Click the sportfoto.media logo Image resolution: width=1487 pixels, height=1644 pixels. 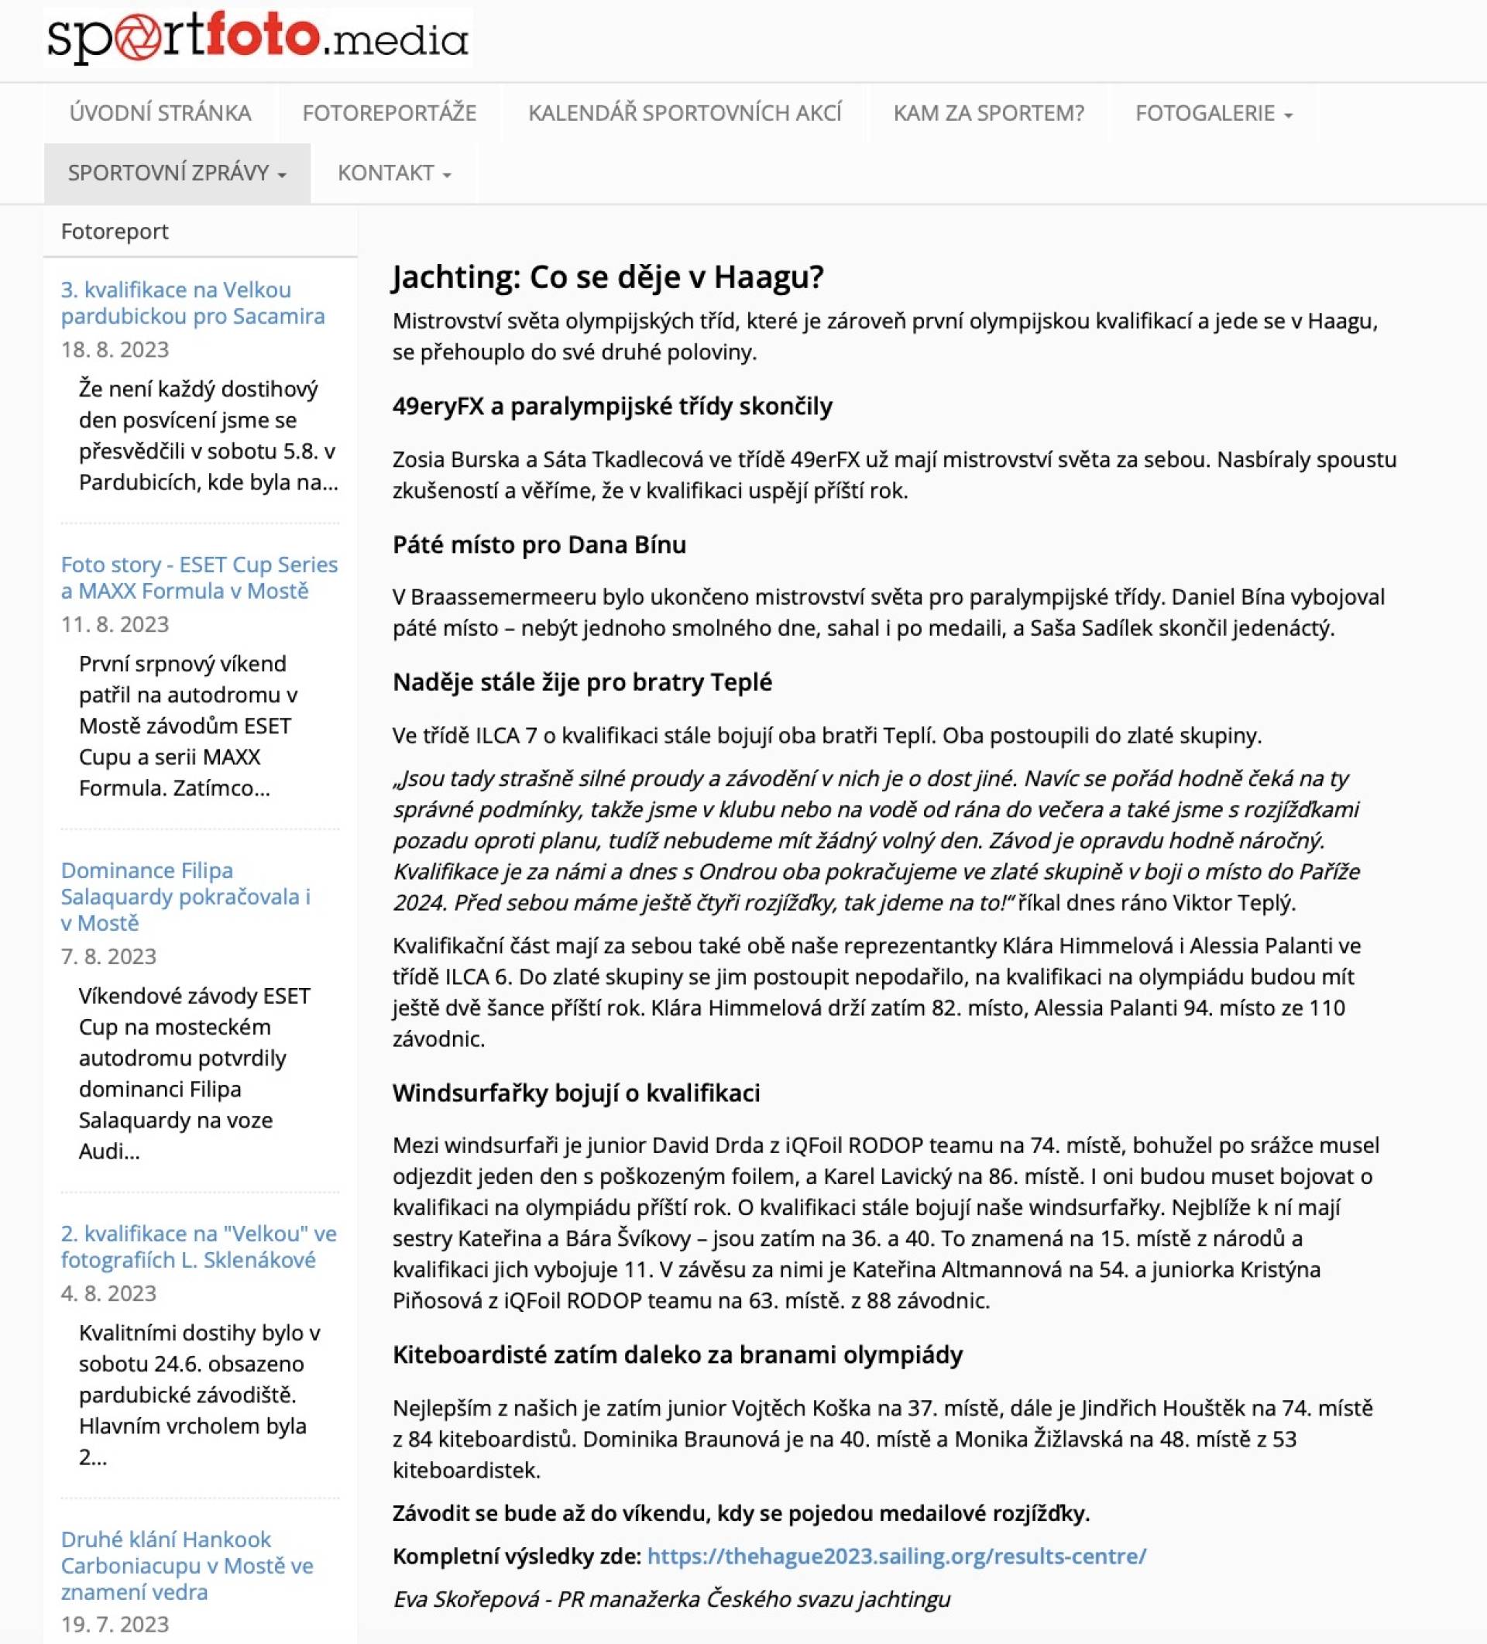pos(258,37)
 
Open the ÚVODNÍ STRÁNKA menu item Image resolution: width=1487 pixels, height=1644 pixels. pos(160,112)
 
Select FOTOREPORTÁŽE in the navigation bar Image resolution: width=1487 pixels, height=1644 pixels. pos(389,112)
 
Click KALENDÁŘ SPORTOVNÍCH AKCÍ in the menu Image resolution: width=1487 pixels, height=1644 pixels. pos(685,112)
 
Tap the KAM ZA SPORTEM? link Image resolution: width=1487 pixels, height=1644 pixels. pos(987,112)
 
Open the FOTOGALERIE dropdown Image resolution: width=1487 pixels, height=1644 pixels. pos(1213,112)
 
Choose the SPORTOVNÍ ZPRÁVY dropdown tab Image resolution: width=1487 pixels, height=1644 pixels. pos(177,173)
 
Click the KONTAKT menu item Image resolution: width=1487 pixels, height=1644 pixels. pos(394,173)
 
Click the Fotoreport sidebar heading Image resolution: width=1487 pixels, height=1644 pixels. pos(115,232)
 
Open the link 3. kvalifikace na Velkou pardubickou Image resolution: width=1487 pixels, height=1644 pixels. pos(193,303)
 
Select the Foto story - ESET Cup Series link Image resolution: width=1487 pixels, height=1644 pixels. pos(199,578)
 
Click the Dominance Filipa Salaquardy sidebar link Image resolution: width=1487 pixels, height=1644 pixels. pos(185,896)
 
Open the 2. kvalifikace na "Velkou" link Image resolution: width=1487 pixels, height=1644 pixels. pos(198,1246)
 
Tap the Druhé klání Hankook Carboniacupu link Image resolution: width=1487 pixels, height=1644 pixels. pos(187,1565)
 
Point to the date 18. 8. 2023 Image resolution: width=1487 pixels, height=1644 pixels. pos(115,350)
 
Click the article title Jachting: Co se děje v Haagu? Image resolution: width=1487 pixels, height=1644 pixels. pos(608,276)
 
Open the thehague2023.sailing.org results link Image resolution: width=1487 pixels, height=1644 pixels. pos(896,1556)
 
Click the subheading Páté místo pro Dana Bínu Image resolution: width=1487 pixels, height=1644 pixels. pos(539,544)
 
